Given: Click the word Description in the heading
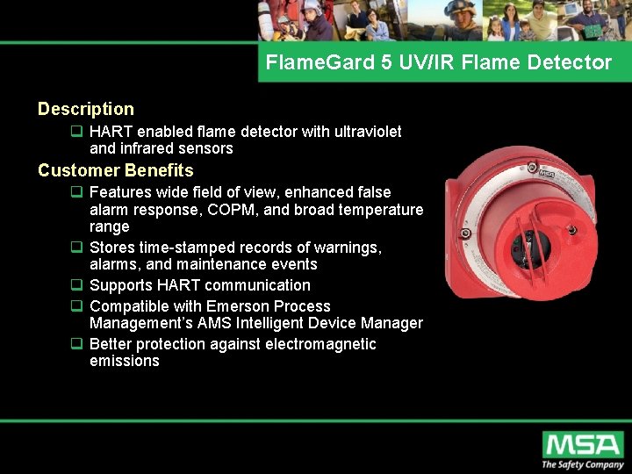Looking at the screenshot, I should [86, 110].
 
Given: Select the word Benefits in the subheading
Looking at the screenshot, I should [159, 170].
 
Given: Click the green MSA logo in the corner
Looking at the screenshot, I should [581, 444].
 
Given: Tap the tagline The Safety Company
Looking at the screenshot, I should [582, 464].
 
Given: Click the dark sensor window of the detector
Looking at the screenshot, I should [528, 249].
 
